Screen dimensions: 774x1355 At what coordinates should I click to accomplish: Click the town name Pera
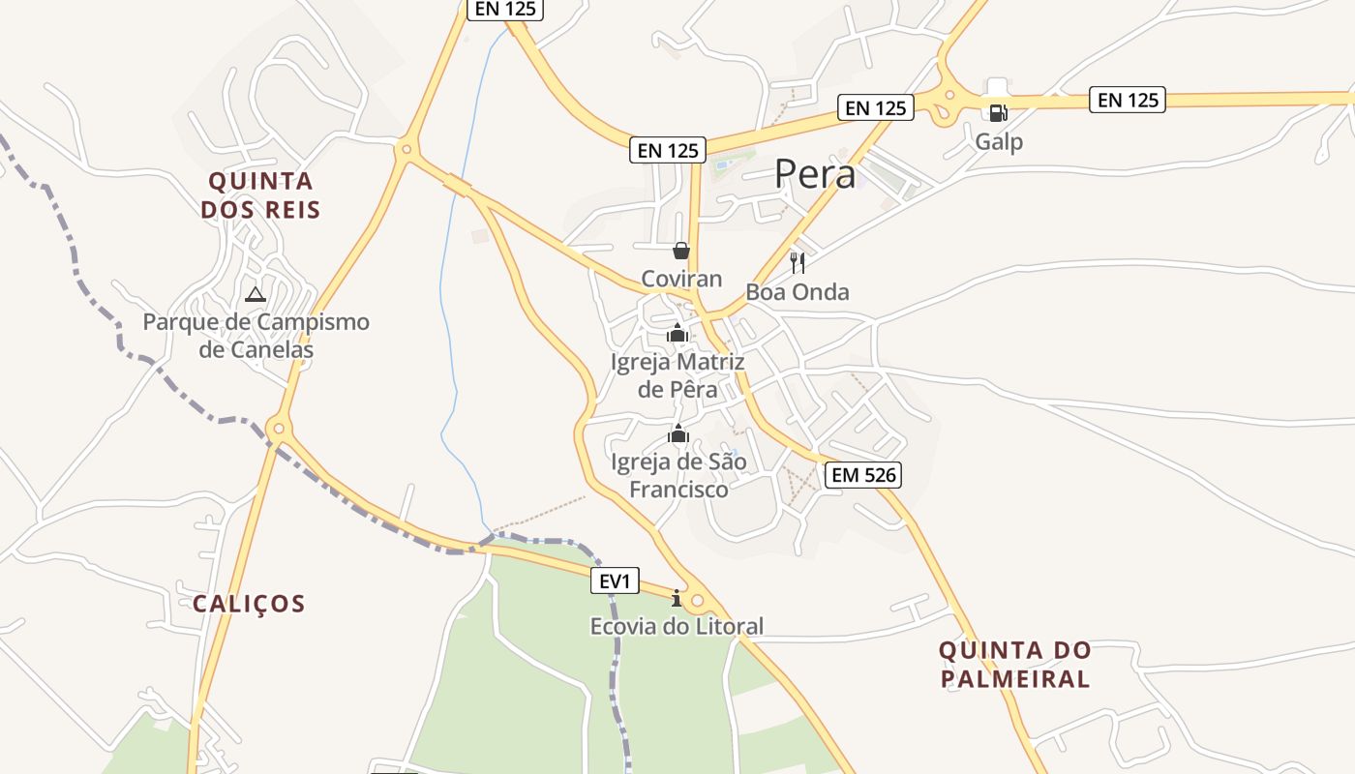tap(815, 175)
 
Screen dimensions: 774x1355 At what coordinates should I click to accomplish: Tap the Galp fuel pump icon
tap(998, 112)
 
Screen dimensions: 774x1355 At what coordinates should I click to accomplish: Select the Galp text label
tap(999, 142)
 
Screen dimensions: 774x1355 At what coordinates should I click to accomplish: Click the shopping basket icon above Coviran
tap(681, 252)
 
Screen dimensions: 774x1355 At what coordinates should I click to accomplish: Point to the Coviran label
tap(681, 279)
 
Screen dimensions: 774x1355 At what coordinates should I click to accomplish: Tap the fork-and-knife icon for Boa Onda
tap(798, 263)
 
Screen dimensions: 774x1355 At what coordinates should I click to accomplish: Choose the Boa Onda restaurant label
tap(798, 292)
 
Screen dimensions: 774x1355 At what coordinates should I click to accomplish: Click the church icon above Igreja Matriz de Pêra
tap(677, 334)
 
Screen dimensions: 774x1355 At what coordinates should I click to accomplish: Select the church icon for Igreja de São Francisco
tap(677, 433)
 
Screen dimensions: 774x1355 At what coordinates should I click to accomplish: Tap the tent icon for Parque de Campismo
tap(256, 294)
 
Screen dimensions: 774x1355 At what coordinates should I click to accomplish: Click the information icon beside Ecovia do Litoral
tap(677, 599)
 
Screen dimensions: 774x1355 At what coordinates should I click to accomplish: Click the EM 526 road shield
tap(864, 475)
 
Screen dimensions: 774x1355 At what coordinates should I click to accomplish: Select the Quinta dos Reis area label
tap(260, 194)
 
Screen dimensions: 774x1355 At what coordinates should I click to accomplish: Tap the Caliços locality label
tap(249, 604)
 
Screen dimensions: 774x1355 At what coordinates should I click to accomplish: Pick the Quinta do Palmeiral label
tap(1014, 664)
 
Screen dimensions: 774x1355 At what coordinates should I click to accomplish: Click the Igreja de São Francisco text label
tap(678, 475)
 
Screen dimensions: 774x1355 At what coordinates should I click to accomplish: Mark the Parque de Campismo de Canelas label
tap(256, 335)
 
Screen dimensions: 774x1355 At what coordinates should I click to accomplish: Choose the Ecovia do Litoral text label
tap(677, 627)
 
